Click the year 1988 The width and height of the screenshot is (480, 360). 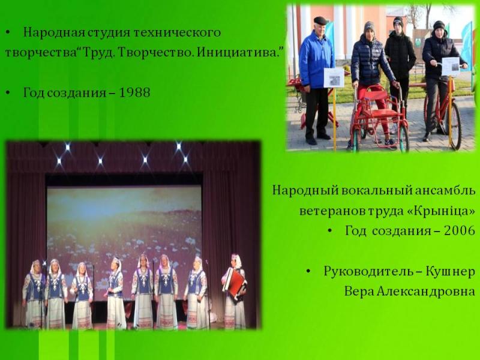pyautogui.click(x=134, y=92)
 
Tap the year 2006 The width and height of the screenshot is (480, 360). pyautogui.click(x=460, y=230)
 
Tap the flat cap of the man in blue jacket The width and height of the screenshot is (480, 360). pyautogui.click(x=320, y=20)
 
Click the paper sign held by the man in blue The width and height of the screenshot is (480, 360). pyautogui.click(x=334, y=77)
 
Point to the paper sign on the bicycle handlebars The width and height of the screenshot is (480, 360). pyautogui.click(x=451, y=67)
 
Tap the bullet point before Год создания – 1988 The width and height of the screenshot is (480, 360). pyautogui.click(x=8, y=92)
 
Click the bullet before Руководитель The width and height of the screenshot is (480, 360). pyautogui.click(x=308, y=272)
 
